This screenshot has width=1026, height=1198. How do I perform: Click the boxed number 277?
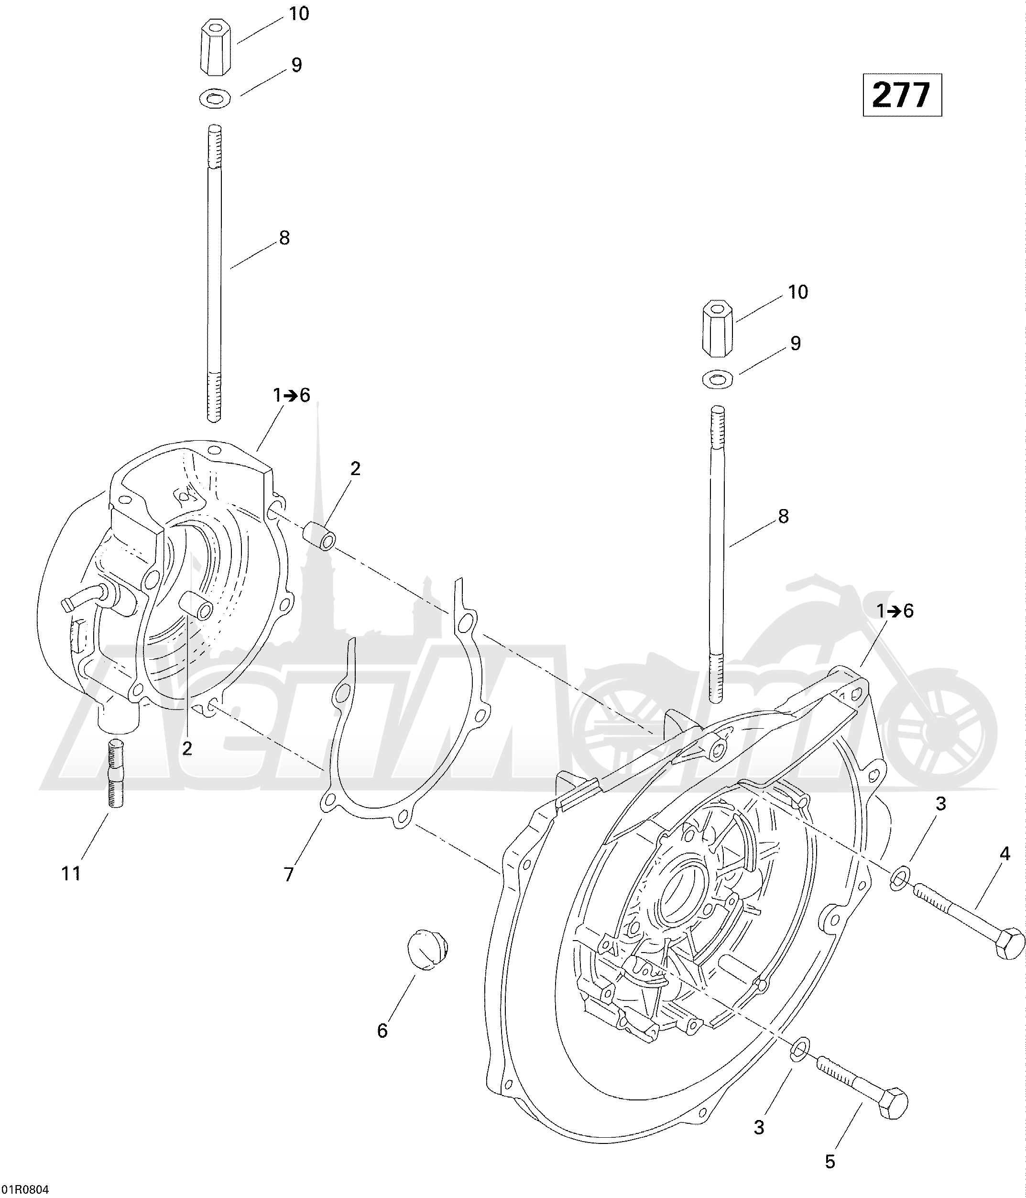pos(902,95)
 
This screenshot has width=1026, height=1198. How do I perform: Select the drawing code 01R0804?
pos(25,1189)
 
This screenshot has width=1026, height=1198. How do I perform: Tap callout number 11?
pos(71,873)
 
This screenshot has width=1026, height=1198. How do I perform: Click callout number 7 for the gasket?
pos(289,874)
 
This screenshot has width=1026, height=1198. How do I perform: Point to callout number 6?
pos(382,1031)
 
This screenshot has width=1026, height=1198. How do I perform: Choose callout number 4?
pos(1004,854)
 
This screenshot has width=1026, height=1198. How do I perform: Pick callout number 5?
pos(830,1162)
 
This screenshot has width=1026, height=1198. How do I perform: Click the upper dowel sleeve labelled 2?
pos(319,533)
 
